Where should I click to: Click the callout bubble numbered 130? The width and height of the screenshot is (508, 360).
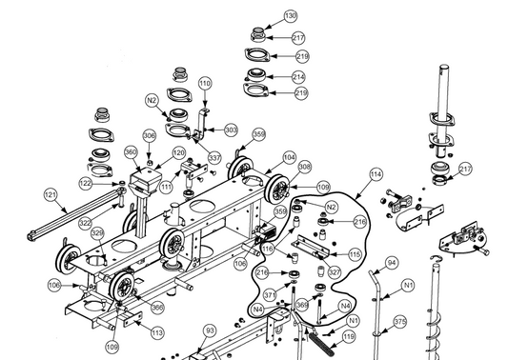coord(291,16)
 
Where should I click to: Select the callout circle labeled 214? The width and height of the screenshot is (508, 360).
coord(298,77)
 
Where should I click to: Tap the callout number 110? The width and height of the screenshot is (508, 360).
coord(204,84)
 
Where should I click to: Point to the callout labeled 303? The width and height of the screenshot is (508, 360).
coord(231,130)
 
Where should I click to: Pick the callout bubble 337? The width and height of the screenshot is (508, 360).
coord(214,158)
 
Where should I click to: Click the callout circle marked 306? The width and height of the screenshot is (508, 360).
coord(149,135)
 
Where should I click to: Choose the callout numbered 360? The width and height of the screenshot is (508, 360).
coord(131,152)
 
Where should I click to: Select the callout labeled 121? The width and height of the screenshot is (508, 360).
coord(51,195)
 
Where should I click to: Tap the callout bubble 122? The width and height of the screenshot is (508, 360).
coord(86,184)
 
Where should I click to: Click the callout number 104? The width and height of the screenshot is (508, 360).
coord(289,158)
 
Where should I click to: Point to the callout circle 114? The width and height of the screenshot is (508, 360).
coord(376,174)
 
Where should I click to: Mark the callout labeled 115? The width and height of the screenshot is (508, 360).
coord(355,254)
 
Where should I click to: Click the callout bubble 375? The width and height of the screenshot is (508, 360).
coord(400,322)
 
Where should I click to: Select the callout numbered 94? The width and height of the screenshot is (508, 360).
coord(392,263)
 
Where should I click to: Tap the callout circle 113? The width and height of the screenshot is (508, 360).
coord(157,332)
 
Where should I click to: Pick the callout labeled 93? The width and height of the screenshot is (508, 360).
coord(211,330)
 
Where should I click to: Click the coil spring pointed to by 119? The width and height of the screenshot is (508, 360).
coord(320,344)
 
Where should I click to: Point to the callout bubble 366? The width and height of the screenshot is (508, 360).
coord(157,307)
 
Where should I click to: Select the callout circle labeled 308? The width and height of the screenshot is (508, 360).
coord(305,167)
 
